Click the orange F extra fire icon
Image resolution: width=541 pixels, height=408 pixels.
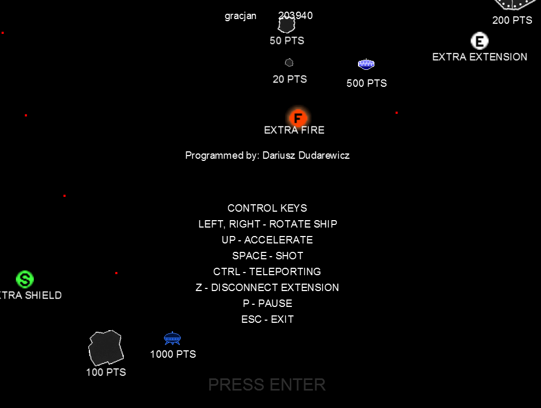[298, 117]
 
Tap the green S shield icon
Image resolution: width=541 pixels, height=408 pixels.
[25, 279]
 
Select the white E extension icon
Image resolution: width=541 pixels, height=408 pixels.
[479, 41]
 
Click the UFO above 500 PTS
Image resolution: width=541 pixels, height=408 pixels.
[366, 65]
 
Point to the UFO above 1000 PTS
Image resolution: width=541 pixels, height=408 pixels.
[172, 338]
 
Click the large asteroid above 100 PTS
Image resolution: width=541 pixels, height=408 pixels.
[106, 348]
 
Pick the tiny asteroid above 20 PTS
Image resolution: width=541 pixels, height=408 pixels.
[289, 62]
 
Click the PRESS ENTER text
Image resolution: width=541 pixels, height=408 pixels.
[267, 385]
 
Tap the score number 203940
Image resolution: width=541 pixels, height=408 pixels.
[296, 15]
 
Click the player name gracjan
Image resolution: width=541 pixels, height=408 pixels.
[241, 15]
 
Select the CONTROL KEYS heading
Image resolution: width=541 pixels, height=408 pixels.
[267, 208]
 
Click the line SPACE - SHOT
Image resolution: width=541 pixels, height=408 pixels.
[268, 256]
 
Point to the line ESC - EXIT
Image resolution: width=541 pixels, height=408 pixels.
[268, 319]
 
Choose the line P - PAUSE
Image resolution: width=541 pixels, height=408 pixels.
[268, 303]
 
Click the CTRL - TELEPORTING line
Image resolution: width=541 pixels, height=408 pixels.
[267, 271]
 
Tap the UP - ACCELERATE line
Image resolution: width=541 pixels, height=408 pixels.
[267, 240]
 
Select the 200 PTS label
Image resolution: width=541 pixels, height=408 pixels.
[512, 20]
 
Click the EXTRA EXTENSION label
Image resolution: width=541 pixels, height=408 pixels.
[480, 57]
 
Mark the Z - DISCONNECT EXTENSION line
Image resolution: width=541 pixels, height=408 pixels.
[267, 287]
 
